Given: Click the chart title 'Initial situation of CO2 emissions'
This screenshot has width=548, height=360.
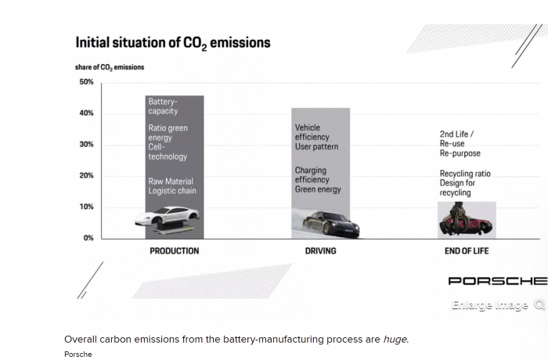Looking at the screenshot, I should [x=172, y=42].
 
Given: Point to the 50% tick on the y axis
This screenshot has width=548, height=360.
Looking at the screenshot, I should [x=86, y=82].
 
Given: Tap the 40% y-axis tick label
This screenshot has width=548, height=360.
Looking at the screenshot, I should [x=86, y=113].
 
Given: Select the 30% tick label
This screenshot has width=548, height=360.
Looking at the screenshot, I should [x=86, y=145].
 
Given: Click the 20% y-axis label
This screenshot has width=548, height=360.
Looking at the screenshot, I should [x=86, y=176].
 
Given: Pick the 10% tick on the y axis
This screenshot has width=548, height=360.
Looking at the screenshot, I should [x=86, y=207].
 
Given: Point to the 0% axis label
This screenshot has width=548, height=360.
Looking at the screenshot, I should [x=88, y=238].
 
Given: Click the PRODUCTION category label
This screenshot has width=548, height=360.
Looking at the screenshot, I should [x=175, y=251].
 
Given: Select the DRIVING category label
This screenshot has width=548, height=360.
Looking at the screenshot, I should [x=320, y=251].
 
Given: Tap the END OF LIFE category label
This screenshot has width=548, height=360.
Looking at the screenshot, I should [x=467, y=251].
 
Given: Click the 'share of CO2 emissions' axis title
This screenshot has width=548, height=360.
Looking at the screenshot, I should [x=110, y=67].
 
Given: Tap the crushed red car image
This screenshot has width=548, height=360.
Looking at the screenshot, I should [x=467, y=221].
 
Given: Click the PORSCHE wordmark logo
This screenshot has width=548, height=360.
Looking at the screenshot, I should [x=497, y=281].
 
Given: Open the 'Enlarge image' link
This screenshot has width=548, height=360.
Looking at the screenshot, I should [x=490, y=305].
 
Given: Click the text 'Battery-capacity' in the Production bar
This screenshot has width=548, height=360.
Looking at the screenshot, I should [x=164, y=106].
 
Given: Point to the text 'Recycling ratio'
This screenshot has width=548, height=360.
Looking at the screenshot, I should [x=465, y=174].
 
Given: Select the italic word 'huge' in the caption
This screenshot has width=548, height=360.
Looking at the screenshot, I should [x=395, y=339].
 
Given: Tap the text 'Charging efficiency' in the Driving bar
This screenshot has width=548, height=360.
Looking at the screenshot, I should [x=312, y=175].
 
